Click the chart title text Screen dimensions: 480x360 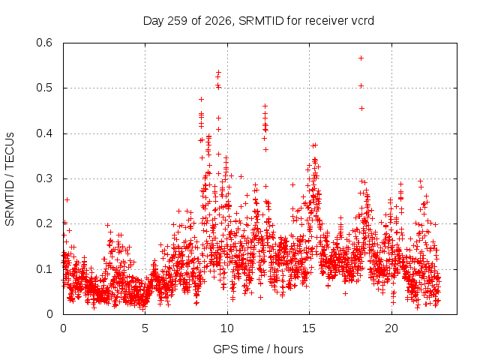pos(258,21)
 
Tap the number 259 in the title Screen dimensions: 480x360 pos(178,21)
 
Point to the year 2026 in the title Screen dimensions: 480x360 pos(218,21)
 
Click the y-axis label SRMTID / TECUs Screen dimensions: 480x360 pos(10,179)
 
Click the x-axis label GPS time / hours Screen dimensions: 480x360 pos(258,349)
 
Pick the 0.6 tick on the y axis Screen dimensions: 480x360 pos(44,43)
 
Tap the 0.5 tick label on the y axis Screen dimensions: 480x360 pos(44,88)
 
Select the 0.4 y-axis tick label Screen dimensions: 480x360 pos(44,133)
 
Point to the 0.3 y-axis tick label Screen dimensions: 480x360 pos(44,178)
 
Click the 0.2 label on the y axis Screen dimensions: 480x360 pos(44,223)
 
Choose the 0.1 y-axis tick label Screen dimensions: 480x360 pos(44,269)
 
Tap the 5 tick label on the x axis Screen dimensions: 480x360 pos(145,328)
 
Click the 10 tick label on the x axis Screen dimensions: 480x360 pos(226,328)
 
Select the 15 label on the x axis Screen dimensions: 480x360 pos(309,328)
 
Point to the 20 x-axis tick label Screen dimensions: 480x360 pos(391,328)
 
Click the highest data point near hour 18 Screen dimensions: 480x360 pos(361,58)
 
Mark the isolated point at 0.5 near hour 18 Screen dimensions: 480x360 pos(361,86)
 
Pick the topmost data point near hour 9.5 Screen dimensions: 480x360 pos(218,73)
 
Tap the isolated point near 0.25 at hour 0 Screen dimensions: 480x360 pos(67,200)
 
